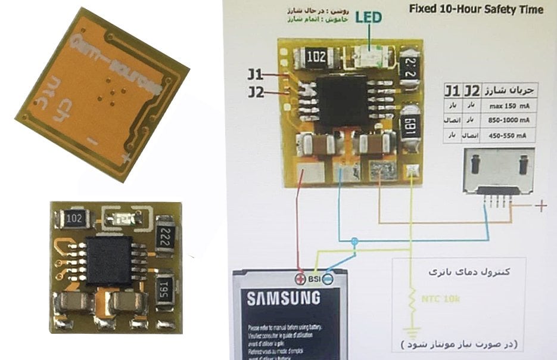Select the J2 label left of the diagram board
(x=256, y=92)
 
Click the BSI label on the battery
(x=315, y=278)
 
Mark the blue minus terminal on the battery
(x=328, y=278)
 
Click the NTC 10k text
(x=440, y=298)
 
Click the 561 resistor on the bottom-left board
(x=165, y=288)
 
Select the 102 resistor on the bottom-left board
(x=75, y=218)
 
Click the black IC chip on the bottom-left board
(x=110, y=262)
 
